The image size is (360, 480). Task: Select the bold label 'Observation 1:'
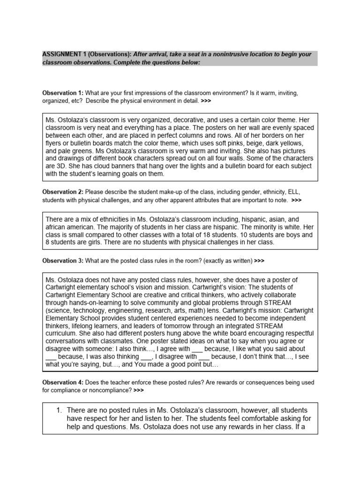62,93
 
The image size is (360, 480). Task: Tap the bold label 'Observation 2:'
62,192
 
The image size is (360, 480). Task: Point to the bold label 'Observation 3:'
62,260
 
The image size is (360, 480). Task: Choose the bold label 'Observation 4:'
62,382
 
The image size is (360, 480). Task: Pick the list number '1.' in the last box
59,410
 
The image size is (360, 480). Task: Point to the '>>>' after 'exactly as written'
259,260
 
